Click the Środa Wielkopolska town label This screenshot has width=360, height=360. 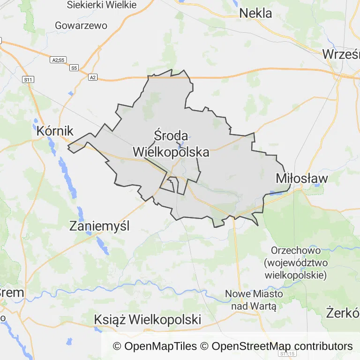(x=171, y=144)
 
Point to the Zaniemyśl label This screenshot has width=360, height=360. (x=99, y=226)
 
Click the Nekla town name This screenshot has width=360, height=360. (x=255, y=13)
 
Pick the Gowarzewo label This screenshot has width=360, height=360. (x=81, y=25)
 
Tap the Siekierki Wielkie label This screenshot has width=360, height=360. (x=102, y=5)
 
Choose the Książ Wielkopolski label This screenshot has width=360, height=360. (x=148, y=320)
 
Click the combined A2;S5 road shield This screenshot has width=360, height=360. (x=58, y=60)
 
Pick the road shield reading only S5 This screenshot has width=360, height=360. (x=74, y=68)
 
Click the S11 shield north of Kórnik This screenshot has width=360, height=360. (x=28, y=80)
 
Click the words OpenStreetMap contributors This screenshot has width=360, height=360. (x=282, y=346)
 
